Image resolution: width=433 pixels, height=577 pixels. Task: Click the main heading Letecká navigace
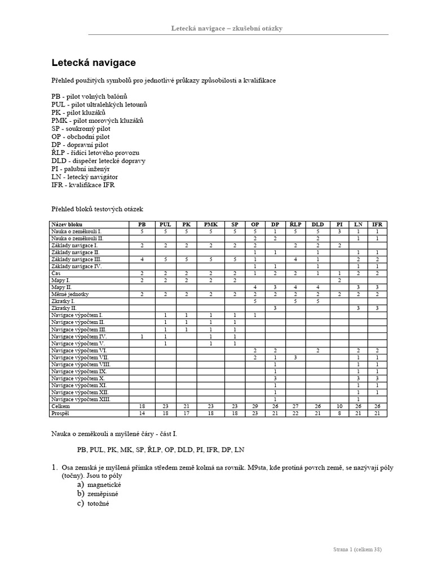coord(94,63)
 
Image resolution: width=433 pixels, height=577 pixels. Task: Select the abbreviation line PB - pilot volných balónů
coord(89,96)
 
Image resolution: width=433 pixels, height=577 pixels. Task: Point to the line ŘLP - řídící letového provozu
coord(95,153)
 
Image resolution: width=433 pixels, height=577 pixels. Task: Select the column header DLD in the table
coord(318,224)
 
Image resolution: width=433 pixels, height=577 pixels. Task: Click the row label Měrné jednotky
coord(70,294)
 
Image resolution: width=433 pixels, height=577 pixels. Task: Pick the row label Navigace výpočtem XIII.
coord(81,399)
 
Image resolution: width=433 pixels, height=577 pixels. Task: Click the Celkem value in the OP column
coord(255,406)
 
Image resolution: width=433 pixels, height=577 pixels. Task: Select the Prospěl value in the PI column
coord(339,413)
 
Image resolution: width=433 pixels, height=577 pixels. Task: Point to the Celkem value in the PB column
coord(142,406)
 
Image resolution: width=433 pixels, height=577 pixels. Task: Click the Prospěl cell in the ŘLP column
coord(295,413)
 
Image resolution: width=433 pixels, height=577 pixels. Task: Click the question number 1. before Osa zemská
coord(55,467)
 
